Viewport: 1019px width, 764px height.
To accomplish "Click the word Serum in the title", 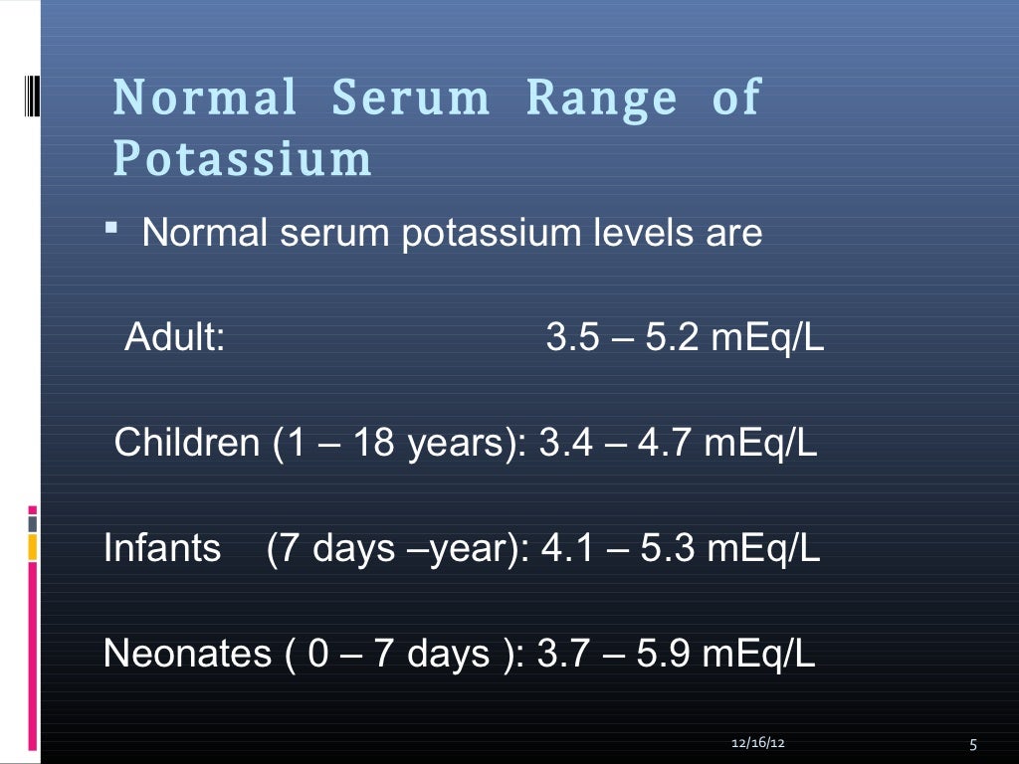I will (x=410, y=98).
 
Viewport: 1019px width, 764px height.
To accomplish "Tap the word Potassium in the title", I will (x=243, y=159).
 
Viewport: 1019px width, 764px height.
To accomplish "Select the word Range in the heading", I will (x=601, y=98).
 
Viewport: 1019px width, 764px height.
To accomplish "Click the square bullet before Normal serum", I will (x=110, y=232).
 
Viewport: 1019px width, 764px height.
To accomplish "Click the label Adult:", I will (x=174, y=339).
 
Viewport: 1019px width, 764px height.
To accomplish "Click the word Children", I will (x=187, y=443).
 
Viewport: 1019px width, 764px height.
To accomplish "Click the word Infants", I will (x=162, y=548).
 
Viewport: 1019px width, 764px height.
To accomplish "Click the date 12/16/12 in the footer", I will (x=756, y=744).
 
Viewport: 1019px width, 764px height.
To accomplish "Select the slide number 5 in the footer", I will (x=972, y=745).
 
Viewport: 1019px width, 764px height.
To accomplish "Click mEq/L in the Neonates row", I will (x=759, y=654).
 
